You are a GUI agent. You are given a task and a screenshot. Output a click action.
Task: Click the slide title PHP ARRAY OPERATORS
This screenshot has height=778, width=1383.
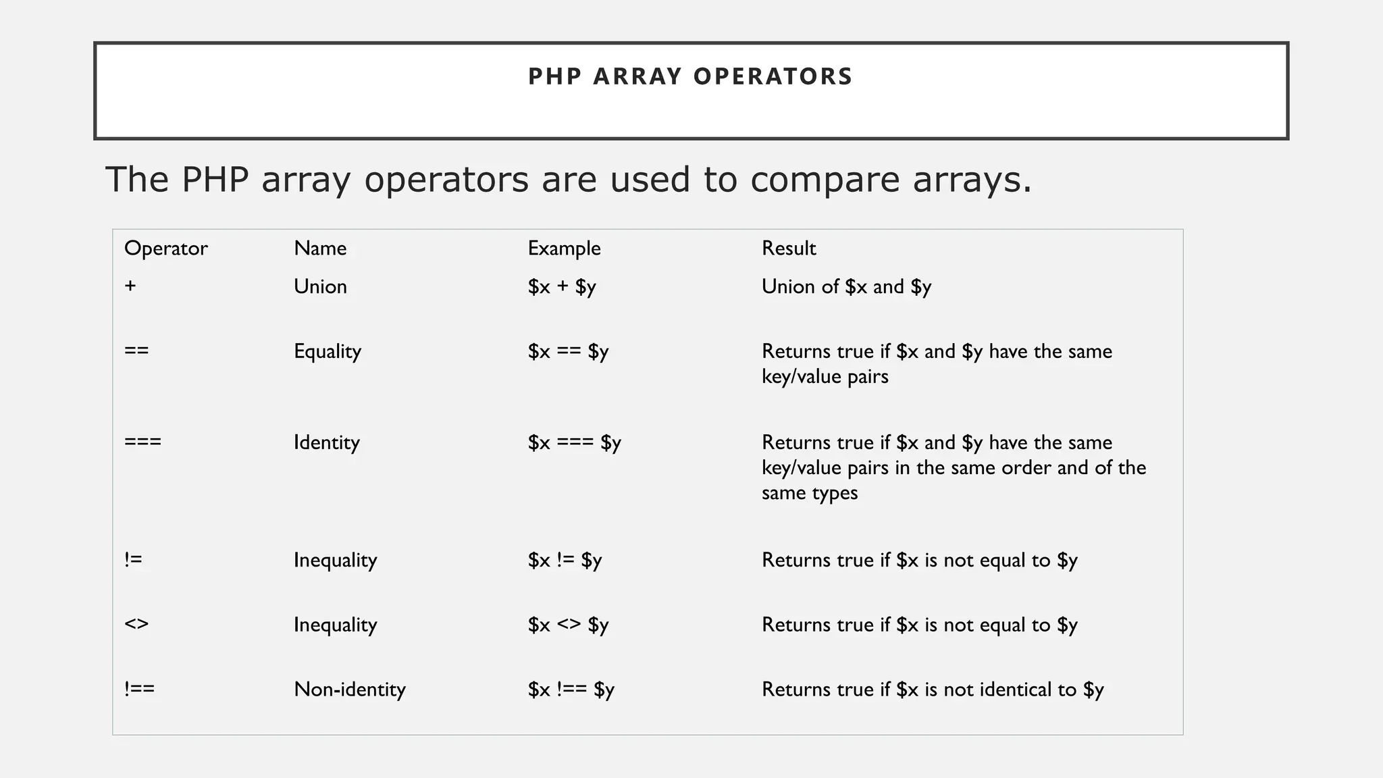coord(690,76)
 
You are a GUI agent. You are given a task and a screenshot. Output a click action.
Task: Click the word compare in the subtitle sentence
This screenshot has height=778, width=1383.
coord(825,180)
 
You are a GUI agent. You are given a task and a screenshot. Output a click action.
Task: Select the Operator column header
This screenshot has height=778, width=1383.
coord(165,249)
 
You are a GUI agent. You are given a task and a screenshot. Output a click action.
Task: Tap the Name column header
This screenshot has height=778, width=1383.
coord(320,249)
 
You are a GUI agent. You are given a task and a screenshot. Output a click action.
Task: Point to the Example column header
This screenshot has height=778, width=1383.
coord(564,249)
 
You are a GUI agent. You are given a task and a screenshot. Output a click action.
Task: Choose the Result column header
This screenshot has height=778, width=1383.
coord(789,249)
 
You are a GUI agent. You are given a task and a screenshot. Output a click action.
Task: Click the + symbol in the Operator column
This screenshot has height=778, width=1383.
coord(130,286)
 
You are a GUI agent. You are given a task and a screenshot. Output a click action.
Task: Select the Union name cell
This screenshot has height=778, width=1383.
coord(320,286)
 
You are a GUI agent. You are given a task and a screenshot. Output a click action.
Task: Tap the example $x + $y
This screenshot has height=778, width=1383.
coord(562,287)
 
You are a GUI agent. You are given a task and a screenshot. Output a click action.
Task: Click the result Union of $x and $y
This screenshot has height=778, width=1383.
coord(846,287)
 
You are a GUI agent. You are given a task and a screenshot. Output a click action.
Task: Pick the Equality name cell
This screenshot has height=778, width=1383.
coord(328,352)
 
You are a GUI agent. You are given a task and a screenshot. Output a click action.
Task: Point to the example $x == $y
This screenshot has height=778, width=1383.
coord(568,352)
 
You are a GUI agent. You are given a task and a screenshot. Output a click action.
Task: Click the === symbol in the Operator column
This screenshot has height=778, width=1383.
coord(142,442)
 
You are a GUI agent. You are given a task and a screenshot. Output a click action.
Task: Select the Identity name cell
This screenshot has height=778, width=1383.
coord(327,443)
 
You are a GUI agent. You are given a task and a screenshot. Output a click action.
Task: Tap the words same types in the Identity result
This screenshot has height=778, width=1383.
coord(810,493)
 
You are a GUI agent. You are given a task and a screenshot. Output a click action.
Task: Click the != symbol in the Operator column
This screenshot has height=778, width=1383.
coord(133,560)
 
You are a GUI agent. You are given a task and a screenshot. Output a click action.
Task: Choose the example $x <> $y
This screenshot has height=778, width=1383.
coord(568,625)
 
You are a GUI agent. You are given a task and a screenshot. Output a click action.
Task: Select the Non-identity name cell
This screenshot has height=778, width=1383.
coord(350,690)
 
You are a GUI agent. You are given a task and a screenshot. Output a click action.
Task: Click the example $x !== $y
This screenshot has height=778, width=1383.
coord(571,690)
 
